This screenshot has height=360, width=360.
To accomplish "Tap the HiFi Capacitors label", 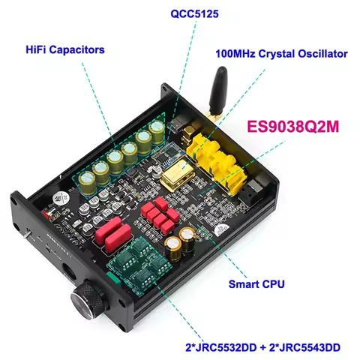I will (x=64, y=49).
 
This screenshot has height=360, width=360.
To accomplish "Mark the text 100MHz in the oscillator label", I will (x=236, y=54).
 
